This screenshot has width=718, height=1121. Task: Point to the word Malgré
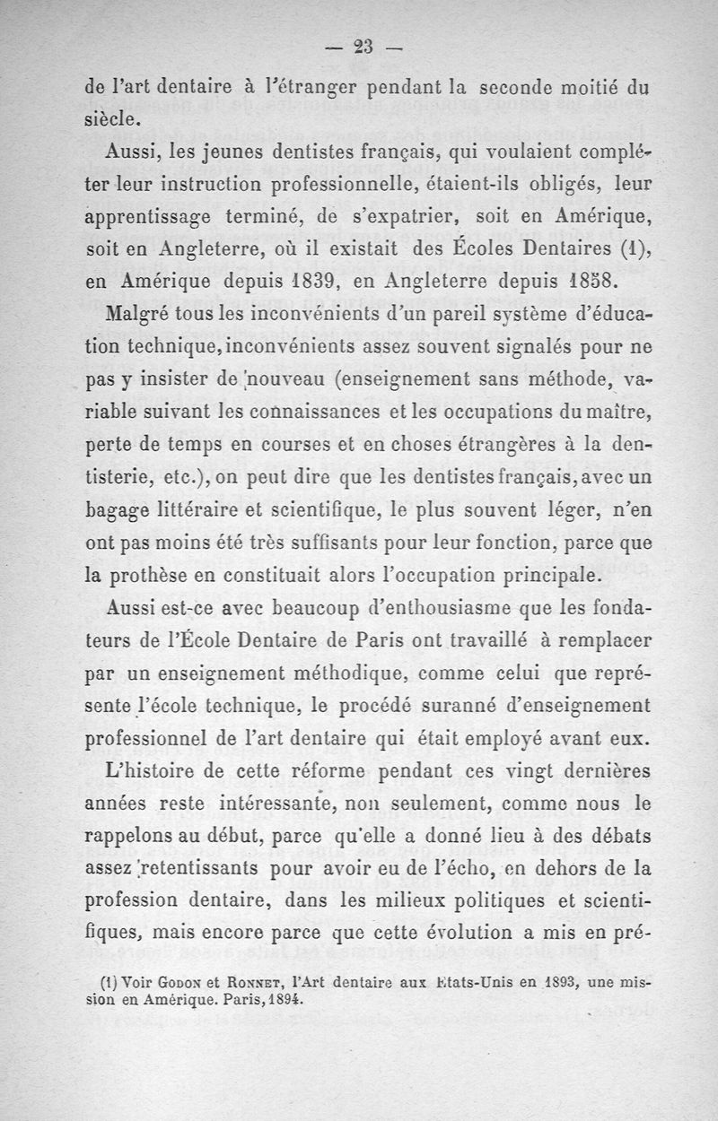pyautogui.click(x=135, y=315)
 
